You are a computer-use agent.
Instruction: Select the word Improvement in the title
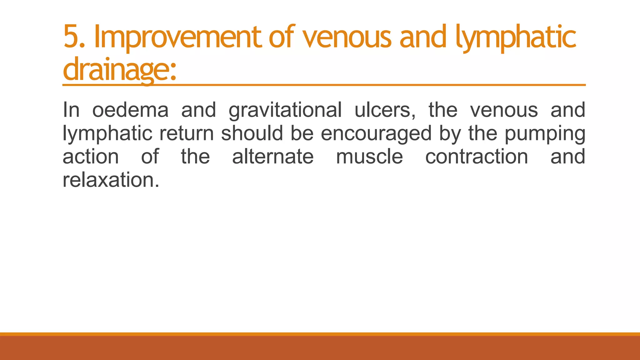coord(177,37)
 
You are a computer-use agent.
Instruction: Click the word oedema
coord(130,110)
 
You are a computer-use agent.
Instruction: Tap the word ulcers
coord(385,110)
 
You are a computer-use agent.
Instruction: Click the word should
coord(252,133)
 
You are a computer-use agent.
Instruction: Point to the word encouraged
coord(376,134)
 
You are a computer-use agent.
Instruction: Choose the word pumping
coord(545,134)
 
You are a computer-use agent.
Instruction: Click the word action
coord(91,157)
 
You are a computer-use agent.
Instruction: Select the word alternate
coord(272,157)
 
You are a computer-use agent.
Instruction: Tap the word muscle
coord(369,157)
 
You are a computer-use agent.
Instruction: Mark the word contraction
coord(477,157)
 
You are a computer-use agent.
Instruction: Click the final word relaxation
coord(111,180)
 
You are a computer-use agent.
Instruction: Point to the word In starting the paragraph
coord(71,110)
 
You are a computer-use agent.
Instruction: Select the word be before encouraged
coord(302,133)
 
